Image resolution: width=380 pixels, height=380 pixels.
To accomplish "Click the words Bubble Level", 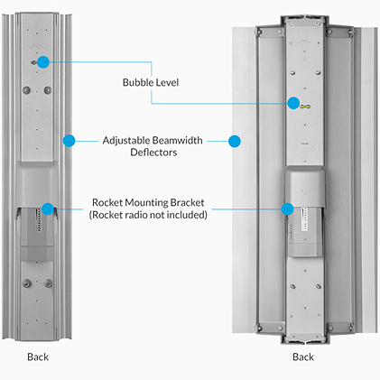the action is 151,82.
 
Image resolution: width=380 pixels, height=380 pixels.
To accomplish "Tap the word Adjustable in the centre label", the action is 126,141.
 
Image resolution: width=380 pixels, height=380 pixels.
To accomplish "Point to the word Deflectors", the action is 153,153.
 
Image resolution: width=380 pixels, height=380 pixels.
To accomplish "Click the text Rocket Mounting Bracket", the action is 148,202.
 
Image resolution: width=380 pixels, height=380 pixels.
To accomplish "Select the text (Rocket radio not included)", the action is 148,215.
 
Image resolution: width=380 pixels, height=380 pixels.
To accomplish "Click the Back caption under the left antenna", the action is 38,357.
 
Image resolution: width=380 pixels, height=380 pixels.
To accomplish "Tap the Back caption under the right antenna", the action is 303,357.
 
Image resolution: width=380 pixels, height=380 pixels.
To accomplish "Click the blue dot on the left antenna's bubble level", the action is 43,62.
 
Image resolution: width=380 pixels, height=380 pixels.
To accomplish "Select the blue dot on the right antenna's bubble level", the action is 293,103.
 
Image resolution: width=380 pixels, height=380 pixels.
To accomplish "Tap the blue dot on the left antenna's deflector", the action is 69,141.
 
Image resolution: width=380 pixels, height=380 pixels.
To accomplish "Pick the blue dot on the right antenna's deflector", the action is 235,141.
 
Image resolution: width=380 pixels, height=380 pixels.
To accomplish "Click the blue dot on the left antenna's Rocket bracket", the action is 48,209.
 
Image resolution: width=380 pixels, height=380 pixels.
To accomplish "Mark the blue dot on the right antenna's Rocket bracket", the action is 287,209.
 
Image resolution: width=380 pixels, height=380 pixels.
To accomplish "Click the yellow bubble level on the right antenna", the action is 305,107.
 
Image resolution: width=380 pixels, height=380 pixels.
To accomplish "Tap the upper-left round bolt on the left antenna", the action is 26,90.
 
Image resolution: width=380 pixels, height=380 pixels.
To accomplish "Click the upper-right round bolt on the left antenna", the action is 48,90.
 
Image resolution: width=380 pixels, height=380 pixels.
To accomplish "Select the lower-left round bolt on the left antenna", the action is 26,283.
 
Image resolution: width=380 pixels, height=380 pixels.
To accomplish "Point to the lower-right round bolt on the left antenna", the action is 48,283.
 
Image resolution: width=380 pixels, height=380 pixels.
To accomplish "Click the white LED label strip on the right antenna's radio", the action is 304,219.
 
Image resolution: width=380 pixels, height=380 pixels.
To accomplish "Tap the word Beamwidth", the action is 178,141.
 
